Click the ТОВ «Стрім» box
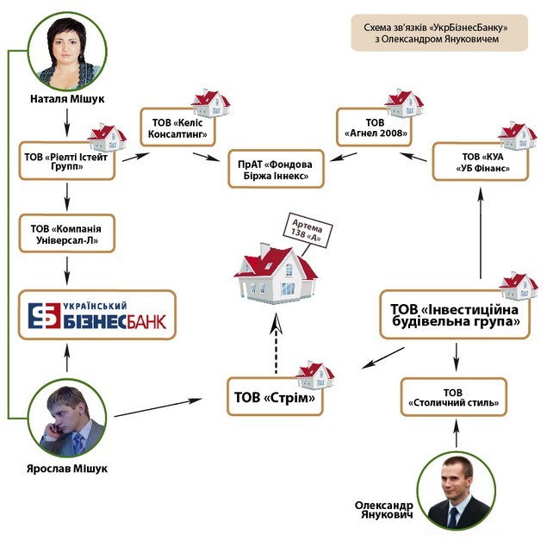coord(275,397)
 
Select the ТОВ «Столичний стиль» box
coord(453,397)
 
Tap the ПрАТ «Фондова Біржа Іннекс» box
coord(276,169)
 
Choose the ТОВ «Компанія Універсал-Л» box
coord(67,233)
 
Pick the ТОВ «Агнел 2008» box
coord(375,127)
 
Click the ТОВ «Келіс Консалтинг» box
coord(178,127)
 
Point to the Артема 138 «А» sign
coord(307,230)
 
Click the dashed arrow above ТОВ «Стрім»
coord(277,344)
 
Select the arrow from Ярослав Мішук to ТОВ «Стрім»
coord(158,407)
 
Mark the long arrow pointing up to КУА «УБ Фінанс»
coord(481,233)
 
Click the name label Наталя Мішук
coord(67,99)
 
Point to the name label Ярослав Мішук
coord(67,469)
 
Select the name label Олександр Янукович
coord(384,510)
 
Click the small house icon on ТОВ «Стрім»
coord(315,375)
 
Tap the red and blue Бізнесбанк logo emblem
coord(44,316)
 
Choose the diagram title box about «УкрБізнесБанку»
coord(439,33)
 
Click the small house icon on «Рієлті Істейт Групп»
coord(107,137)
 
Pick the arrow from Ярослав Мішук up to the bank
coord(67,357)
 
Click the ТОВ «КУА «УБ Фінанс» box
coord(481,162)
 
